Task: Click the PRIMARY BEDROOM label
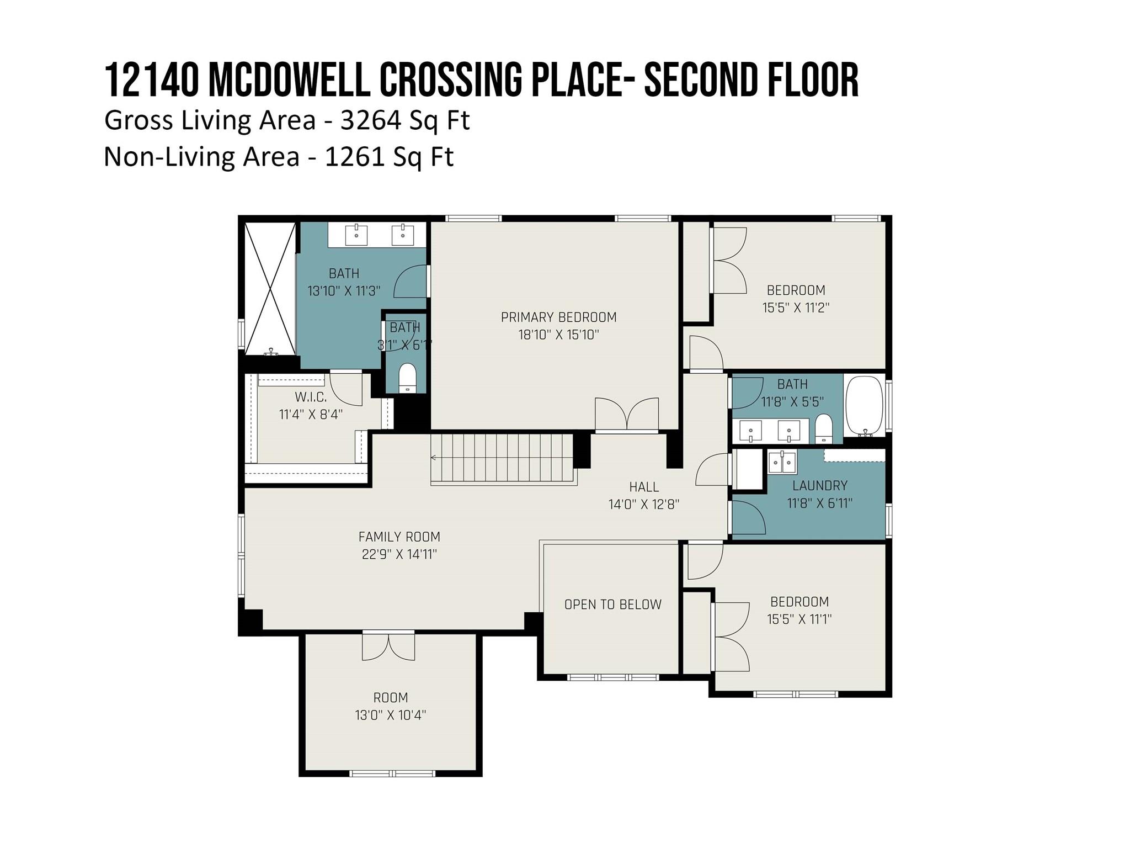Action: [x=558, y=317]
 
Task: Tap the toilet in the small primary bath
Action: [x=407, y=377]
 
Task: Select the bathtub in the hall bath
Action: [x=865, y=406]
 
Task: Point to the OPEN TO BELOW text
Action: [x=612, y=605]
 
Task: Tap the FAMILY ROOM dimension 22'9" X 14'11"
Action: [x=399, y=554]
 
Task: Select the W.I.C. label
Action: [x=310, y=396]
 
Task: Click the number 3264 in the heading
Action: [x=370, y=120]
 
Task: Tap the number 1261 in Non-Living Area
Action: [x=354, y=157]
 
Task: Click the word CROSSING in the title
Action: [x=450, y=80]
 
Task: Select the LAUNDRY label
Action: [x=820, y=485]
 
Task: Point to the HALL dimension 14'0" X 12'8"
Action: [x=644, y=504]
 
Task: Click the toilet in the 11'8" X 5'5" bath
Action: [x=824, y=428]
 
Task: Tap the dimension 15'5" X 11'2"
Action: [x=796, y=308]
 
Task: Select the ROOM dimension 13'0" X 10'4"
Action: [x=391, y=715]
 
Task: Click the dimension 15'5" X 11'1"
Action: [x=799, y=619]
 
